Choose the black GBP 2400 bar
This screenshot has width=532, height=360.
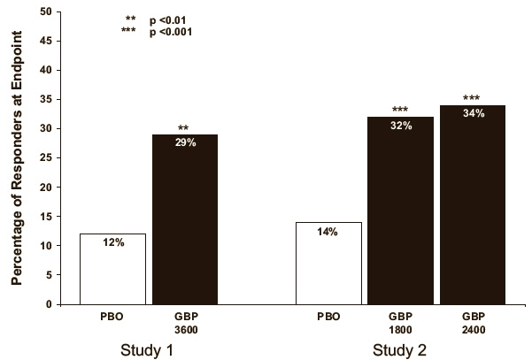tap(474, 212)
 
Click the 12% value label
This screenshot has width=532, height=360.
tap(112, 242)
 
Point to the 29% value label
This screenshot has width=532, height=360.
tap(186, 142)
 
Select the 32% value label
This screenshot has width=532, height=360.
tap(400, 125)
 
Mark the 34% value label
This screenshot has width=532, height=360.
tap(474, 113)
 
